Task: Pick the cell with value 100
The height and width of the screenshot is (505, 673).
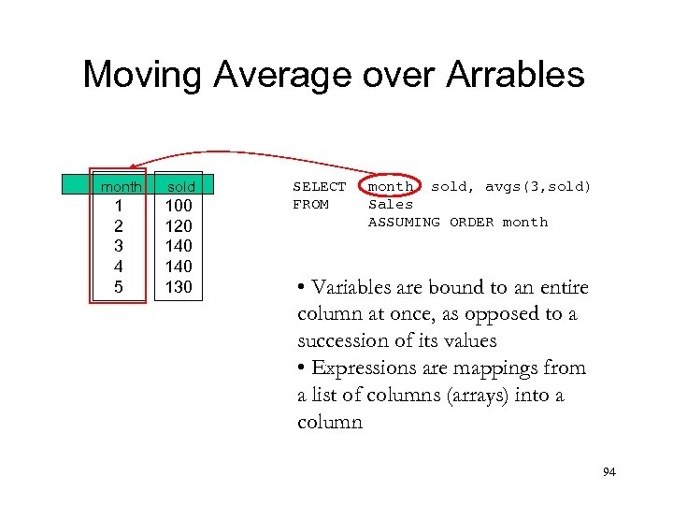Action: [x=179, y=206]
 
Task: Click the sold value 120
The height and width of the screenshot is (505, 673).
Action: [x=179, y=226]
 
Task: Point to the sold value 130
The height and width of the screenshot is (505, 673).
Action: [x=179, y=287]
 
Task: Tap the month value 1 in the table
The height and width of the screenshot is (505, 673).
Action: [x=118, y=206]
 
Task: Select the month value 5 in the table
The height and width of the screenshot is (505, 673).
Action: [x=118, y=287]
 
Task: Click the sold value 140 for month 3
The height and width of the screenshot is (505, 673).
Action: [x=179, y=246]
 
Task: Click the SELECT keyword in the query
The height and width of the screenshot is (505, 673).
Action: [x=319, y=187]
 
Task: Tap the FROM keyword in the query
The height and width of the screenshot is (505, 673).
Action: [x=310, y=204]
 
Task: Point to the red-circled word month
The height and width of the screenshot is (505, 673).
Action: [x=391, y=187]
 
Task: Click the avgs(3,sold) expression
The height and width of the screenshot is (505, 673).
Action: [x=538, y=187]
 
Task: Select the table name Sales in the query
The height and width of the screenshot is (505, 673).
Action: [x=391, y=204]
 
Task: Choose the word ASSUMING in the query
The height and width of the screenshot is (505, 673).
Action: [x=404, y=222]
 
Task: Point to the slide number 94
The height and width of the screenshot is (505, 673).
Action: [x=609, y=473]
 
